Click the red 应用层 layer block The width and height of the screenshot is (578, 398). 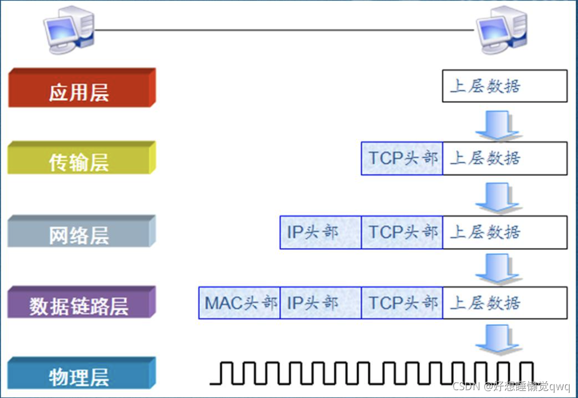click(x=80, y=88)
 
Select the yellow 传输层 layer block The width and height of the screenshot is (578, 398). click(x=80, y=159)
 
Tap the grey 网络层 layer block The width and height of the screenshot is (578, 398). click(x=80, y=232)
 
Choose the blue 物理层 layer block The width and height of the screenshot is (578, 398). click(x=80, y=374)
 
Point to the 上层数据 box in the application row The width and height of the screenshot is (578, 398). click(x=504, y=86)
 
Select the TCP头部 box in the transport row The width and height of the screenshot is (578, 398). click(x=402, y=159)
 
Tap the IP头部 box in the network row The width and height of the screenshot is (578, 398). click(x=320, y=232)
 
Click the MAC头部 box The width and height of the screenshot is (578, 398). click(x=239, y=303)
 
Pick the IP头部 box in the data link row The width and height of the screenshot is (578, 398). click(x=320, y=303)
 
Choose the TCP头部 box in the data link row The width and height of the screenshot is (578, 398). click(x=402, y=303)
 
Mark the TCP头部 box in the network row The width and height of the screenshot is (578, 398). click(x=402, y=232)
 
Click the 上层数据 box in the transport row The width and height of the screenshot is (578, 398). click(x=504, y=159)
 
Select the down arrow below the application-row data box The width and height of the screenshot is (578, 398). click(x=497, y=124)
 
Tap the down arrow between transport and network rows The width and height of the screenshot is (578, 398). click(x=497, y=197)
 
